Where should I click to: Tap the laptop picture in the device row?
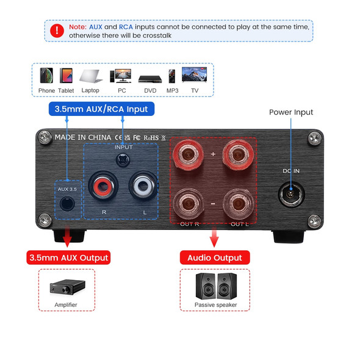[90, 76]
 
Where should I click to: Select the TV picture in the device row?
[195, 75]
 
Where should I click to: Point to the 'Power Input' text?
[291, 112]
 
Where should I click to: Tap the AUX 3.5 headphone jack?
[66, 204]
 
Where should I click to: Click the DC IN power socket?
[290, 196]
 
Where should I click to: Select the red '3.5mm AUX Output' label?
[68, 257]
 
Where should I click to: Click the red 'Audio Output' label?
[215, 257]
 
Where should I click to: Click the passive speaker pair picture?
[215, 286]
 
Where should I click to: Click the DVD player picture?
[149, 79]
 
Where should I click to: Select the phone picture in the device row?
[46, 75]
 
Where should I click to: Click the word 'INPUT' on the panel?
[123, 147]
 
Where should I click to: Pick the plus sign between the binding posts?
[213, 154]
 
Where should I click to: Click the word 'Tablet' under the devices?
[66, 90]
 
